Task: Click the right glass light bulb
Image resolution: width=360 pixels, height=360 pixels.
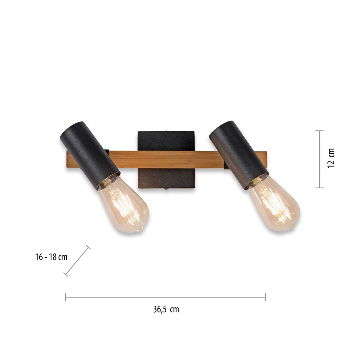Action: [x=274, y=204]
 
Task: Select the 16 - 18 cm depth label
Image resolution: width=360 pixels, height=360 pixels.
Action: [x=51, y=257]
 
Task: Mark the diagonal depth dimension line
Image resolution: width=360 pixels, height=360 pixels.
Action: [x=77, y=260]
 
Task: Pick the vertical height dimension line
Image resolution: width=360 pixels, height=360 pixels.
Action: [x=319, y=159]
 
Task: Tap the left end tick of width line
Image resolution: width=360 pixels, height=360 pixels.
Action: [x=66, y=297]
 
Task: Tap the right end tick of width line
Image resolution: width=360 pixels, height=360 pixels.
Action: [x=265, y=297]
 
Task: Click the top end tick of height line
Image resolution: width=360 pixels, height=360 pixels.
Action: [x=319, y=131]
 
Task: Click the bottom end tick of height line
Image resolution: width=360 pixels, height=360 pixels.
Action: [x=319, y=188]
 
